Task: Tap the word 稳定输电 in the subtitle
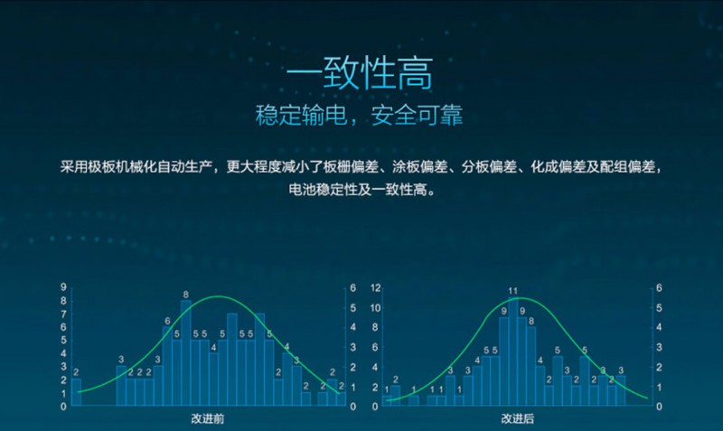click(292, 116)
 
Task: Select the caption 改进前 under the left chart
click(208, 418)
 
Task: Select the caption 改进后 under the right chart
click(518, 418)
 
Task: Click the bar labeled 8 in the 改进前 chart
click(186, 352)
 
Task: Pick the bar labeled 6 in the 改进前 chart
click(167, 366)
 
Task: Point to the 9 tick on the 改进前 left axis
click(64, 288)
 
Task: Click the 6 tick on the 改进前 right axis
click(352, 288)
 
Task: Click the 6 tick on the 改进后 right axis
click(661, 288)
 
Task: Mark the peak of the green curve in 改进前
click(218, 296)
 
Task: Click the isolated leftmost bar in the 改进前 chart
click(76, 392)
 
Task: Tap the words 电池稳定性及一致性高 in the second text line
click(361, 190)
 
